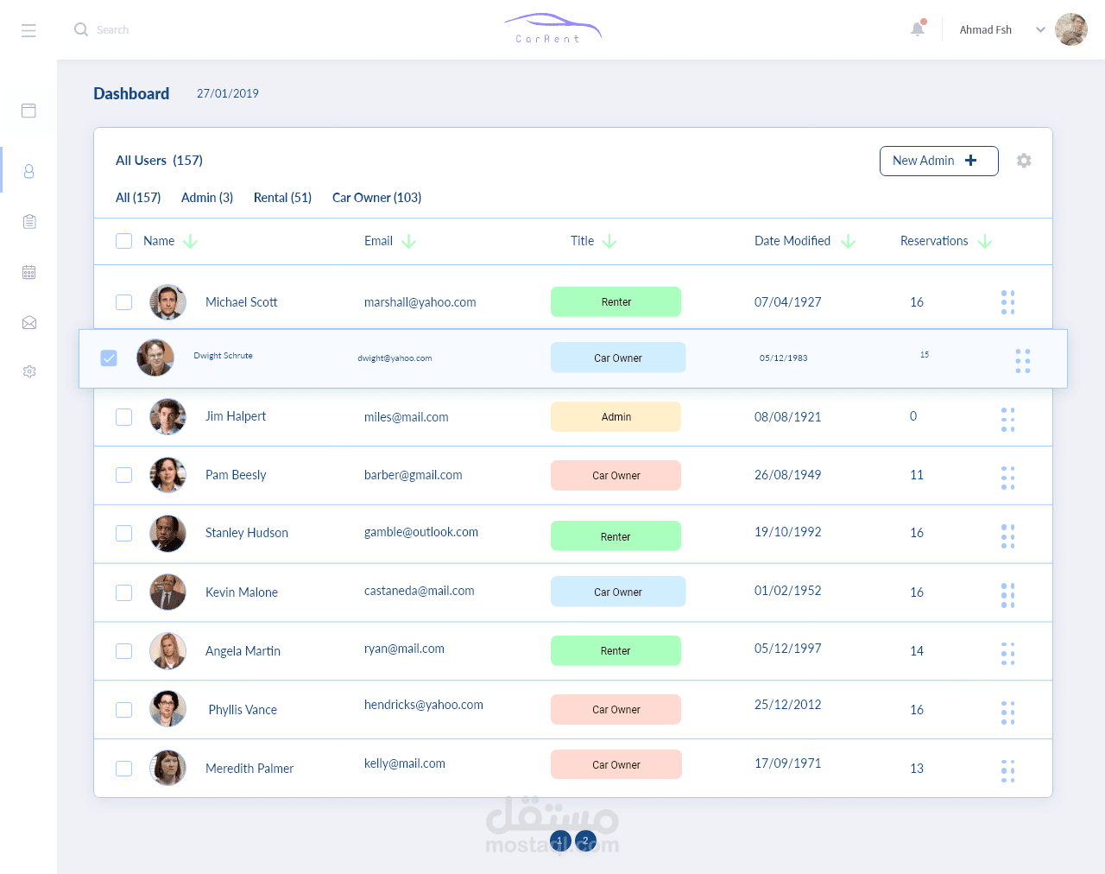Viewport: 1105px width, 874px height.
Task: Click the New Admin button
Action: pyautogui.click(x=938, y=161)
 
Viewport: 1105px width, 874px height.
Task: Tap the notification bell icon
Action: pyautogui.click(x=918, y=29)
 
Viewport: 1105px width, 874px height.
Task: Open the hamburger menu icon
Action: pyautogui.click(x=28, y=30)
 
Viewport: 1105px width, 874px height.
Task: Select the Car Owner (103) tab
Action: pyautogui.click(x=376, y=198)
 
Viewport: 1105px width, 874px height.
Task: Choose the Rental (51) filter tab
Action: pyautogui.click(x=282, y=198)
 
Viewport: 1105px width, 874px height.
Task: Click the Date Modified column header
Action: pyautogui.click(x=792, y=241)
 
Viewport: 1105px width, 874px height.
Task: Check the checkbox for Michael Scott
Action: pyautogui.click(x=124, y=302)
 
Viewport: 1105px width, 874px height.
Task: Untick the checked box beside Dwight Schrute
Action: pyautogui.click(x=109, y=358)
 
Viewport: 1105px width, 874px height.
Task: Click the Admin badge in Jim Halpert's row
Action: pyautogui.click(x=616, y=417)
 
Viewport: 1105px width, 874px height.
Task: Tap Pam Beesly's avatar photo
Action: pyautogui.click(x=167, y=475)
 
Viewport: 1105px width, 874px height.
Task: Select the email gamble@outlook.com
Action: pyautogui.click(x=421, y=532)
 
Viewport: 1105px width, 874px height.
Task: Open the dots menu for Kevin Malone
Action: pyautogui.click(x=1007, y=595)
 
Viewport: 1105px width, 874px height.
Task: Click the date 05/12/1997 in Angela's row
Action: pyautogui.click(x=787, y=649)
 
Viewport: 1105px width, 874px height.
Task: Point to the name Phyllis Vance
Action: pyautogui.click(x=243, y=710)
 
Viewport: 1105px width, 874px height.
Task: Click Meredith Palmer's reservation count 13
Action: pyautogui.click(x=917, y=769)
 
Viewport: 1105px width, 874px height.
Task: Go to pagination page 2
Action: pyautogui.click(x=585, y=840)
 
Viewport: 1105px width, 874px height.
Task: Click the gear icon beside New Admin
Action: pyautogui.click(x=1024, y=161)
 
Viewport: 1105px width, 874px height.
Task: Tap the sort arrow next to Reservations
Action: pyautogui.click(x=985, y=242)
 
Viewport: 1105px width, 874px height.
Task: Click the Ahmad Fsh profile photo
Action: pyautogui.click(x=1070, y=29)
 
